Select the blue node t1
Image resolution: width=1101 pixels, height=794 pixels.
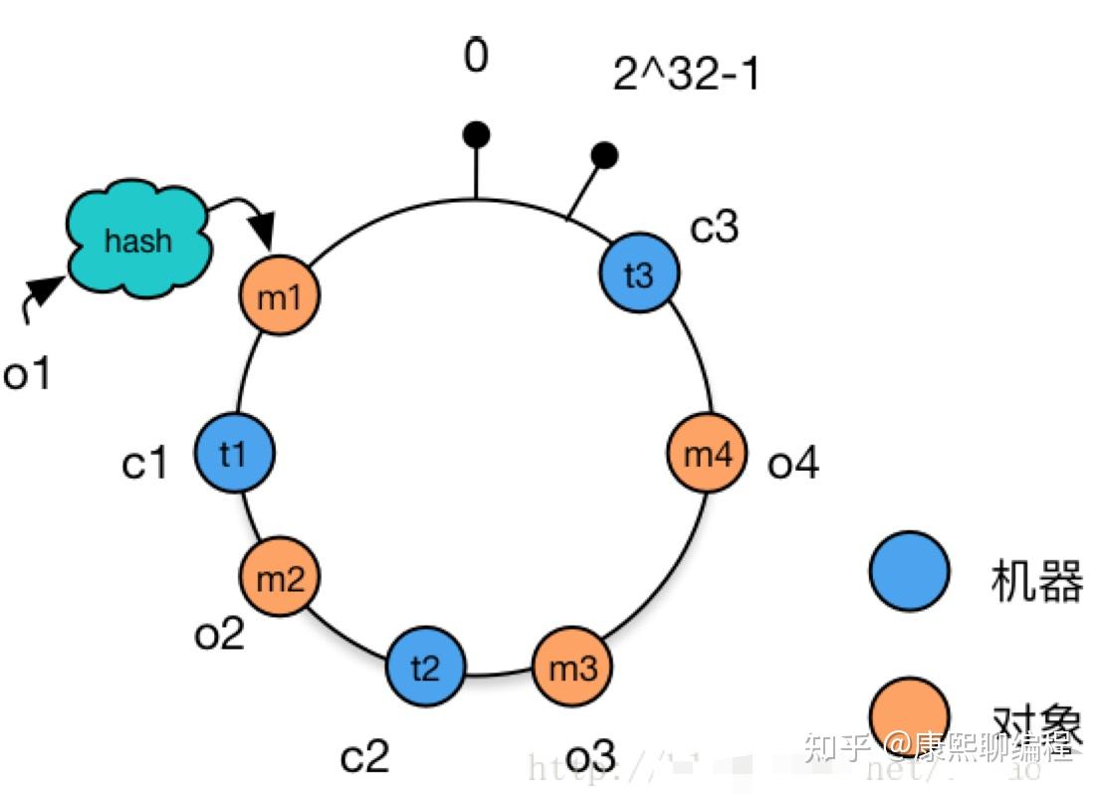[x=234, y=454]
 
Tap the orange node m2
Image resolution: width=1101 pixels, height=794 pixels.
[x=280, y=577]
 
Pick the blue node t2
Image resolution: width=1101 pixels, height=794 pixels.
[x=425, y=666]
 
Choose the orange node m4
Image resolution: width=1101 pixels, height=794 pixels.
[x=706, y=455]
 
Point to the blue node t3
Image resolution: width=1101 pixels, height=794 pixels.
[x=639, y=274]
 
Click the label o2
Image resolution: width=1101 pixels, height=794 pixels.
[x=219, y=633]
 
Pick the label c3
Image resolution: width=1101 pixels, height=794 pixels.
[x=715, y=227]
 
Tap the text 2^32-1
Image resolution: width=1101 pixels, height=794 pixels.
[x=686, y=74]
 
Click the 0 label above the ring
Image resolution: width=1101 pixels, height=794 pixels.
[x=476, y=57]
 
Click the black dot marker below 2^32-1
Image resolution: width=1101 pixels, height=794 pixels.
[x=604, y=154]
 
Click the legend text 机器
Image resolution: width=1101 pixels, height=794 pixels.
[x=1036, y=580]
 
